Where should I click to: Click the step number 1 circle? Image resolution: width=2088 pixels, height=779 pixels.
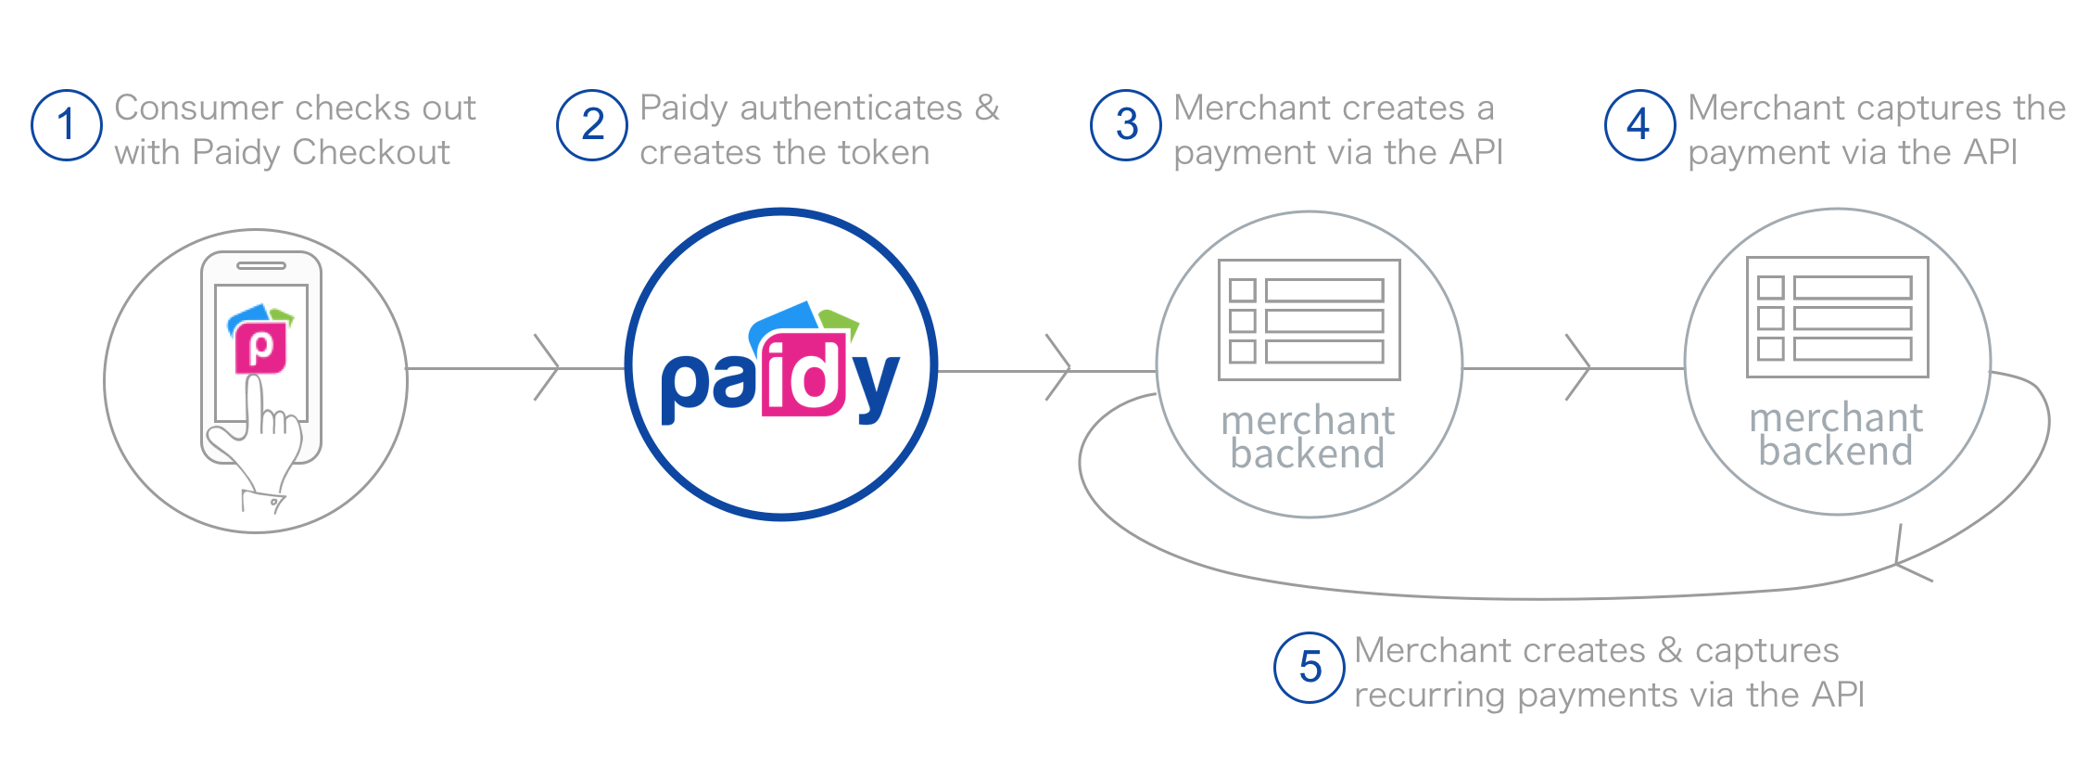point(66,125)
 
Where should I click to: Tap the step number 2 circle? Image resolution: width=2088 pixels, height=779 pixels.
point(592,125)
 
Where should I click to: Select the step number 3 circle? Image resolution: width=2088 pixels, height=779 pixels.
point(1126,125)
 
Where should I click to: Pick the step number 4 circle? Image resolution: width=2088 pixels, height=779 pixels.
point(1639,125)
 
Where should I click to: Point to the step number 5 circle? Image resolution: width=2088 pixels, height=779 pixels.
point(1309,668)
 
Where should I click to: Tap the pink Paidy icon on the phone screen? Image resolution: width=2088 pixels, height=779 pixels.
point(260,348)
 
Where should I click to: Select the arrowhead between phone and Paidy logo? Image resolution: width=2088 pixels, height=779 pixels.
point(550,368)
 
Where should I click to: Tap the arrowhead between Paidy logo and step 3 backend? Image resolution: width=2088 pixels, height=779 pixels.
point(1061,368)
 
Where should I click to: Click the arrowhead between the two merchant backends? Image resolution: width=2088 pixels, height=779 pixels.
point(1581,368)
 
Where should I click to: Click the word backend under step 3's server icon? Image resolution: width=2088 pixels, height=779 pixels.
point(1308,454)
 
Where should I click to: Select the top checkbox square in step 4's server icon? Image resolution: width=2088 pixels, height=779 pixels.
point(1770,287)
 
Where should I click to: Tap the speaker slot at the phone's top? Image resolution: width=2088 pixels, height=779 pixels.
point(261,266)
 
